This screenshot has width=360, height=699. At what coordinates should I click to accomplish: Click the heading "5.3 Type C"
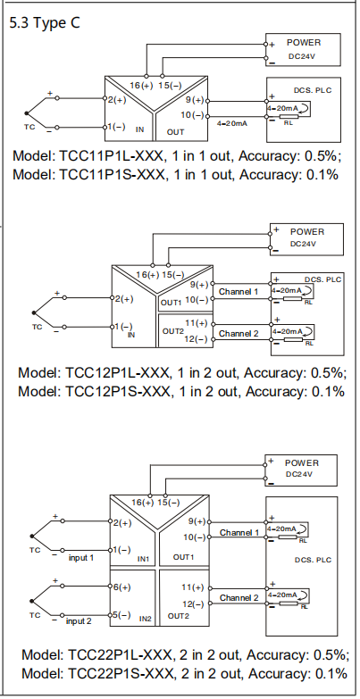45,22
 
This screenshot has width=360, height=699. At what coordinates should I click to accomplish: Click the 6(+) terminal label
121,587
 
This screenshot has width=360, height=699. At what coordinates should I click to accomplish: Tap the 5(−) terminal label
121,615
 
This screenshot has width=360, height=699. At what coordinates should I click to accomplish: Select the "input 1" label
80,558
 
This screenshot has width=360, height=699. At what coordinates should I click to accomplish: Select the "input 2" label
79,621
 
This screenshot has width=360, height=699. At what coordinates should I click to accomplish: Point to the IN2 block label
146,619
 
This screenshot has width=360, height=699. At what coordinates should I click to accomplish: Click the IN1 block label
143,559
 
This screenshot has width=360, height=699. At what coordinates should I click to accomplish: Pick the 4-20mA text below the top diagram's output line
232,123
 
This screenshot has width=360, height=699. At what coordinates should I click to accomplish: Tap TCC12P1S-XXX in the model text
118,391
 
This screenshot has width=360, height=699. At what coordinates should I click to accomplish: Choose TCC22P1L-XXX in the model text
121,655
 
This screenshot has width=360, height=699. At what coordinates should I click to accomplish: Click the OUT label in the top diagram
175,132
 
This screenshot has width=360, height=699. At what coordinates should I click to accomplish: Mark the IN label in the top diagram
139,129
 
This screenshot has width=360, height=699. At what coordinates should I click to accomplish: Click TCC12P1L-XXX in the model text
118,371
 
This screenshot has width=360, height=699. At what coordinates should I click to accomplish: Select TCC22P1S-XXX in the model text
120,673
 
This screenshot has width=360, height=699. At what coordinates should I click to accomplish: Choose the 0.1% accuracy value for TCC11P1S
322,174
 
